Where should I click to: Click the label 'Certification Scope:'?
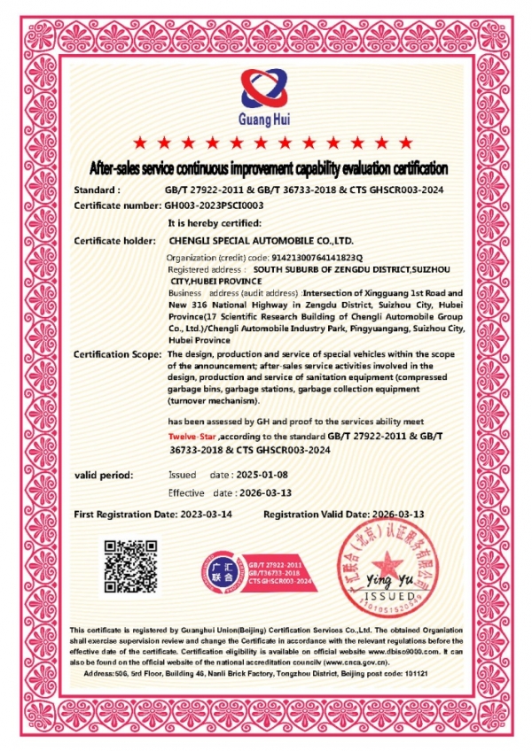[x=116, y=354]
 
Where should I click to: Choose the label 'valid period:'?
[x=104, y=476]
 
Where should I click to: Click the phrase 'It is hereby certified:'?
[x=214, y=223]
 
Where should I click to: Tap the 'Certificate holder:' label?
[x=115, y=240]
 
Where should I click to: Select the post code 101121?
[x=413, y=674]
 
